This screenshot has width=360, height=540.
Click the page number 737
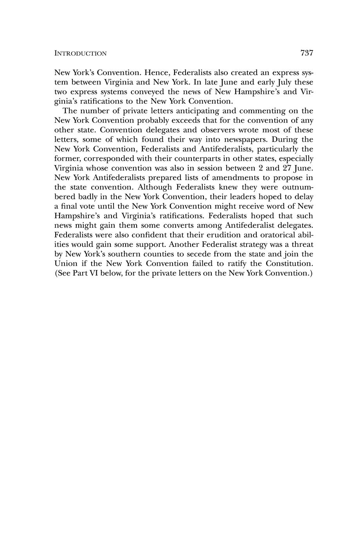point(307,53)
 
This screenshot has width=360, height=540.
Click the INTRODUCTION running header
point(80,54)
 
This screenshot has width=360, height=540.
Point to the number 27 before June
point(287,168)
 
